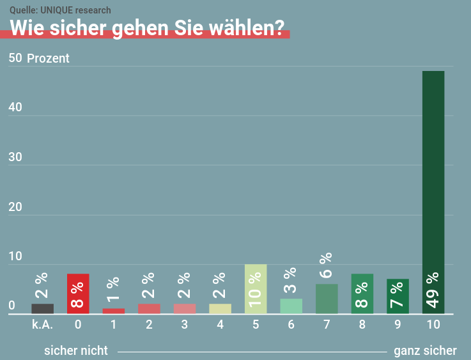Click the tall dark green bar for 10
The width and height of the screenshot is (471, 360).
pyautogui.click(x=433, y=192)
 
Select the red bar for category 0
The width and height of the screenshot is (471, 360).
pyautogui.click(x=78, y=294)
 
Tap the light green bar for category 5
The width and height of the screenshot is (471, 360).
pyautogui.click(x=256, y=289)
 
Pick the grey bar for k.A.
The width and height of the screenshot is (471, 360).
pyautogui.click(x=42, y=309)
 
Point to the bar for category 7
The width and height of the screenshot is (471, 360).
pyautogui.click(x=327, y=299)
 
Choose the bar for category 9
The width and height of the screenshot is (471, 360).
pyautogui.click(x=398, y=296)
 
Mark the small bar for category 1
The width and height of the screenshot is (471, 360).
pyautogui.click(x=114, y=311)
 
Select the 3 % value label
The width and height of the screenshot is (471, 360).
pyautogui.click(x=291, y=281)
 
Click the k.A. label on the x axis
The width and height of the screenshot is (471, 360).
pyautogui.click(x=42, y=325)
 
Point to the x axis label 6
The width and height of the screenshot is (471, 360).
pyautogui.click(x=291, y=325)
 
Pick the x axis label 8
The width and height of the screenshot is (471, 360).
pyautogui.click(x=362, y=325)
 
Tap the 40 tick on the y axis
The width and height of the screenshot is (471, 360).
pyautogui.click(x=15, y=107)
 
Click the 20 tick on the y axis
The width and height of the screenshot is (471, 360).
pyautogui.click(x=15, y=207)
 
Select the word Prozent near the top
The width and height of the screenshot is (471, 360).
pyautogui.click(x=48, y=59)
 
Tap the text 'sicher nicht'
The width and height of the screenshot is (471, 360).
pyautogui.click(x=76, y=350)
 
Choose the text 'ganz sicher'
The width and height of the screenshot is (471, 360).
pyautogui.click(x=425, y=350)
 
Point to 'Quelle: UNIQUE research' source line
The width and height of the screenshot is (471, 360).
pyautogui.click(x=60, y=10)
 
